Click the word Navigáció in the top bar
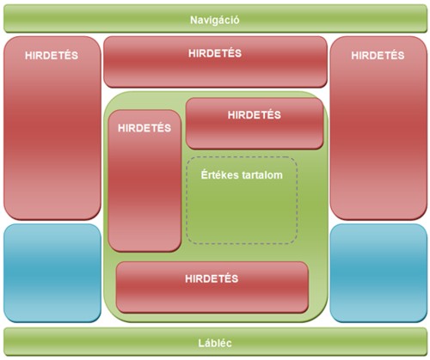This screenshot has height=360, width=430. tap(214, 21)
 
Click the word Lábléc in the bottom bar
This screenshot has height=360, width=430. tap(215, 343)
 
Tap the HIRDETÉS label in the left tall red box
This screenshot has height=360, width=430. tap(52, 55)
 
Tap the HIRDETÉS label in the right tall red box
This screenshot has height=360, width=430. tap(378, 55)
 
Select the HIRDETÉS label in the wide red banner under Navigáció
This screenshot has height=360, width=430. tap(215, 53)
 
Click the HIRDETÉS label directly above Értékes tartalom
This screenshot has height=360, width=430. tap(255, 114)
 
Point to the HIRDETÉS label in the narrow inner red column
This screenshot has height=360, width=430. tap(144, 128)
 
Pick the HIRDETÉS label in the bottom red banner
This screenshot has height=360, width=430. tap(212, 278)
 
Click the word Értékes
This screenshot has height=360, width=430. tap(218, 174)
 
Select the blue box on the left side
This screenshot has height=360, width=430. tap(52, 273)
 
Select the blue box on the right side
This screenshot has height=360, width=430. tap(378, 273)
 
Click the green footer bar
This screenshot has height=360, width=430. tap(215, 343)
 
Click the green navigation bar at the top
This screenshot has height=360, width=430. tap(215, 18)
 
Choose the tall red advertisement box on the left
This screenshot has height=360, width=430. tap(52, 128)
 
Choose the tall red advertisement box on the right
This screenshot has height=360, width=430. tap(378, 128)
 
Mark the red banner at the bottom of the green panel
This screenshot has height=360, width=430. tap(212, 287)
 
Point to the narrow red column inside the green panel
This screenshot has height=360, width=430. tap(144, 180)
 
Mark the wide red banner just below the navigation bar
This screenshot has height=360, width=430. tap(215, 62)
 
